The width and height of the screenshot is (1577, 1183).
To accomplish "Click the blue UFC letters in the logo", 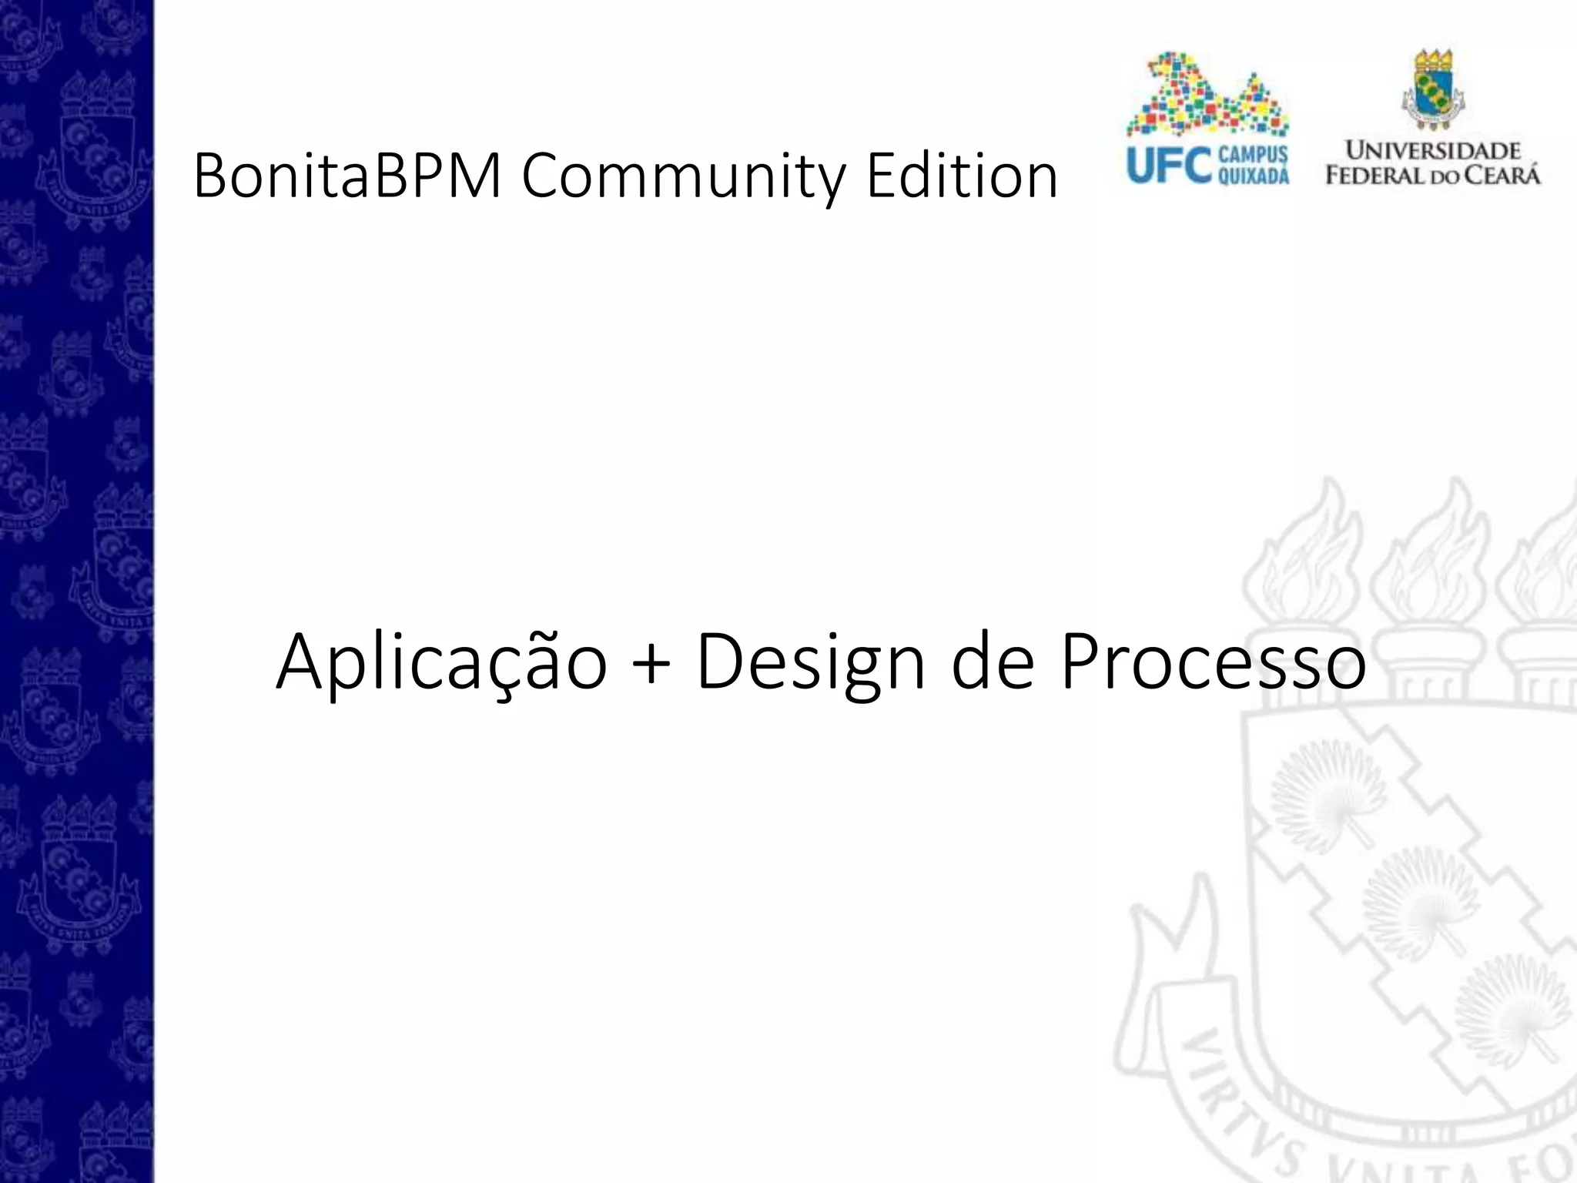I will click(x=1168, y=165).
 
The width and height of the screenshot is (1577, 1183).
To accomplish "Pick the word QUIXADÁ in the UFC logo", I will click(x=1253, y=177).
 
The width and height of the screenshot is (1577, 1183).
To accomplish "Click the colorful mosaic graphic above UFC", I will click(x=1206, y=96).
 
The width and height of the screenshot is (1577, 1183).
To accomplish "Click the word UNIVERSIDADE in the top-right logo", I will click(x=1433, y=150).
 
